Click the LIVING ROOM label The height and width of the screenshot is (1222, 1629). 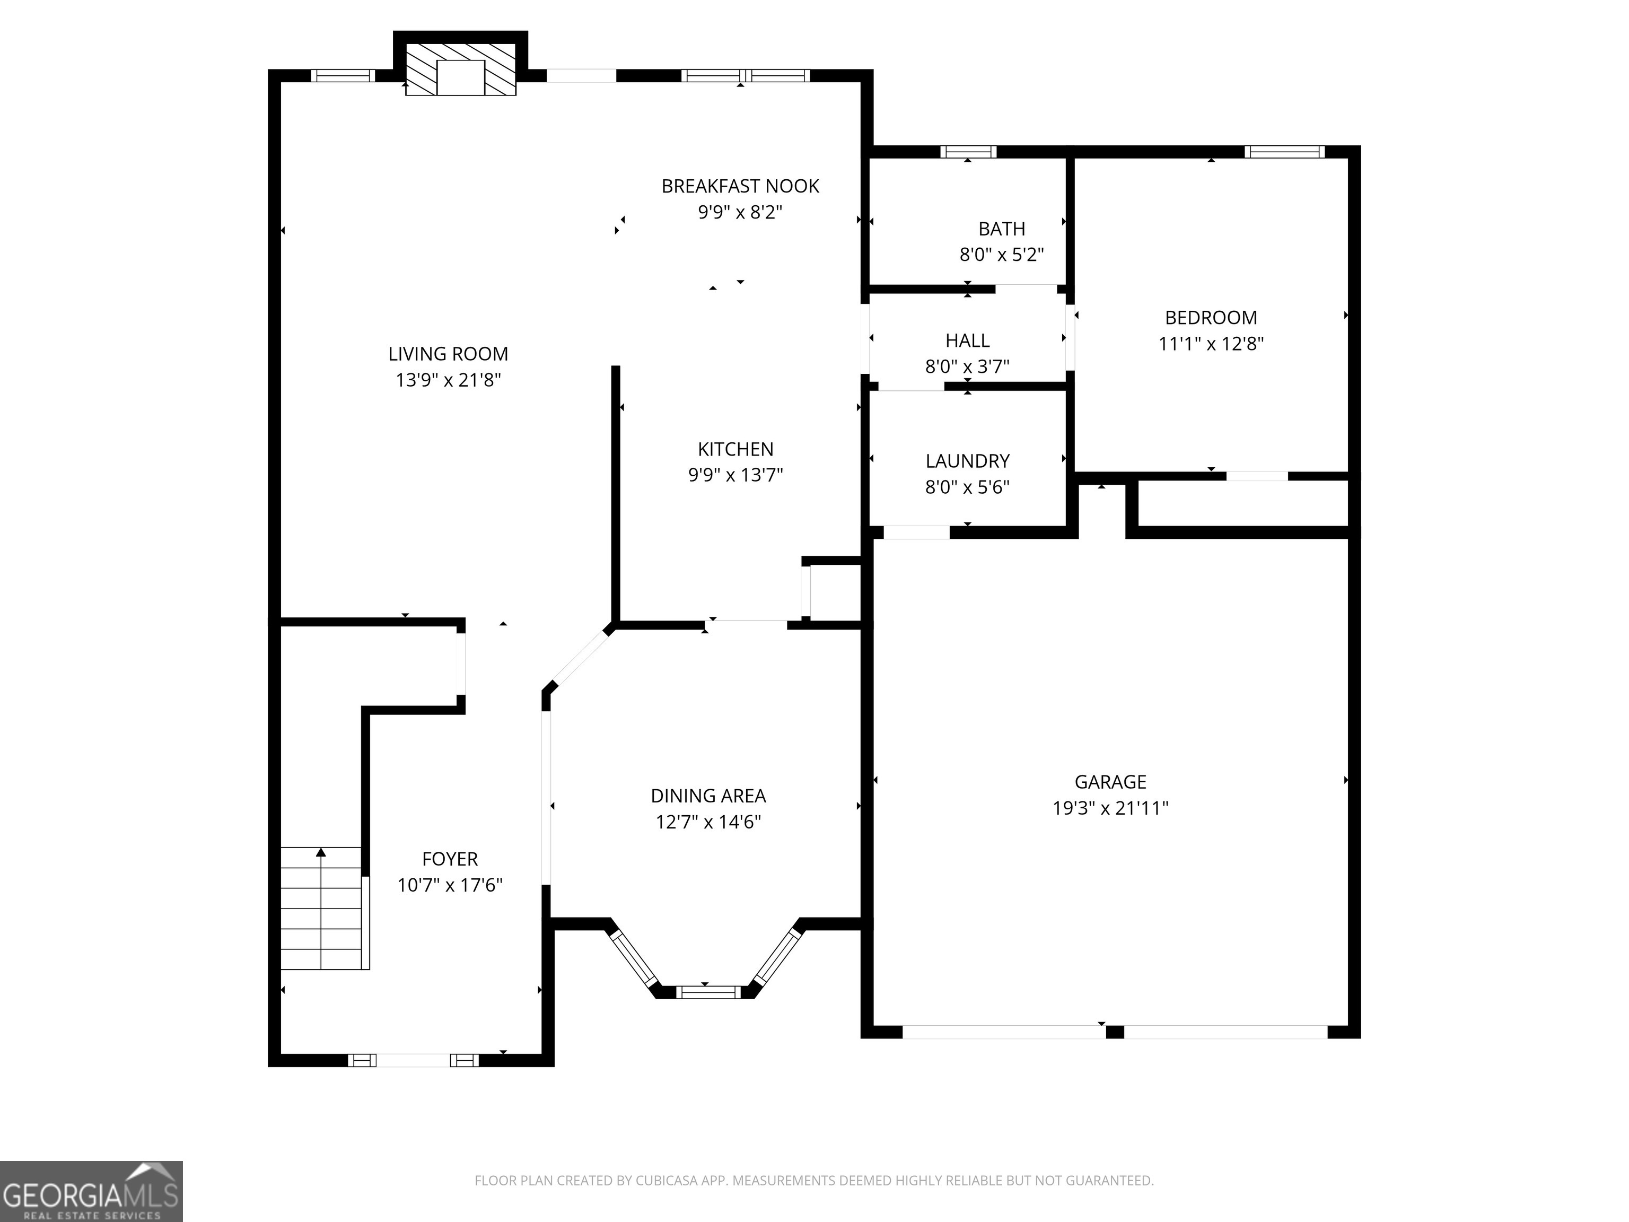pos(449,354)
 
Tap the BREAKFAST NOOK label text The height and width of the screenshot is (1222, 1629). pos(740,186)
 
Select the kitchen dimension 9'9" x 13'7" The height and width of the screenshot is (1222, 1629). pos(735,475)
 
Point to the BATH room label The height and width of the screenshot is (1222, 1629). pos(1002,229)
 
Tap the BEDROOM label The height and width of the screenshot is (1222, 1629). pos(1211,318)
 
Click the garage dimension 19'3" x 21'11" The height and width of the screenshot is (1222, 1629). pos(1110,808)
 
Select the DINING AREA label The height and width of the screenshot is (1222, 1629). pos(708,796)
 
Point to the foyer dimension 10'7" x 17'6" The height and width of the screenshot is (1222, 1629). pos(450,885)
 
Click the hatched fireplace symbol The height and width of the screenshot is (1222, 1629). pos(461,68)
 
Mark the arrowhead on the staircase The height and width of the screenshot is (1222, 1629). pos(321,852)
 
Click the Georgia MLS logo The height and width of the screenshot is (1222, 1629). pos(91,1191)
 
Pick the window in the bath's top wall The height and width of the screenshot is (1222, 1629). pos(968,152)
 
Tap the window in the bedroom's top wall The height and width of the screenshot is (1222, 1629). pos(1284,152)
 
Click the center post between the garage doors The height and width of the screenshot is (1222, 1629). pos(1115,1032)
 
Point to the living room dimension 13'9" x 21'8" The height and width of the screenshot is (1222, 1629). pos(449,380)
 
